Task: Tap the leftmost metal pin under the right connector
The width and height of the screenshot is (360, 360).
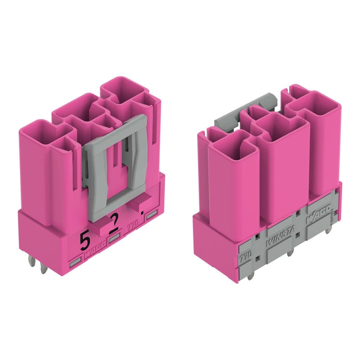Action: (x=250, y=277)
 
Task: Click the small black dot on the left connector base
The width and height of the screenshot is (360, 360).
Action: (x=142, y=212)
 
